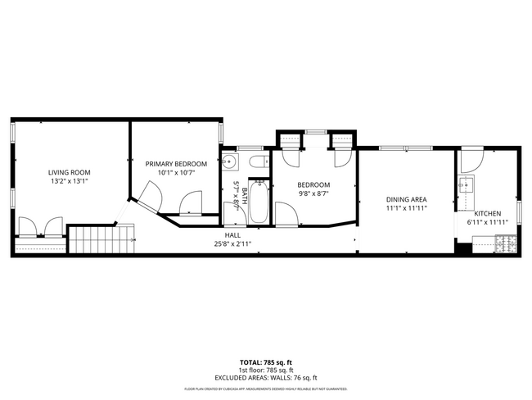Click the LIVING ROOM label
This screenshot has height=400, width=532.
click(x=68, y=172)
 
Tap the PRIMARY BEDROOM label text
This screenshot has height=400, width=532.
click(x=176, y=164)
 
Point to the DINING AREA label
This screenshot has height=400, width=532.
click(x=407, y=200)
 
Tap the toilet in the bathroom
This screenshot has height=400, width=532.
click(x=256, y=162)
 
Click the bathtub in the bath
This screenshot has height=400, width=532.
click(x=258, y=202)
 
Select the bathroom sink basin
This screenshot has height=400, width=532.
click(x=230, y=161)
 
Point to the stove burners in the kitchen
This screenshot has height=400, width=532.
click(x=505, y=243)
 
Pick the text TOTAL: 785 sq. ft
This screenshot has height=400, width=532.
click(x=265, y=361)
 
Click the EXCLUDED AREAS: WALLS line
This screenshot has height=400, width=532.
click(x=265, y=377)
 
